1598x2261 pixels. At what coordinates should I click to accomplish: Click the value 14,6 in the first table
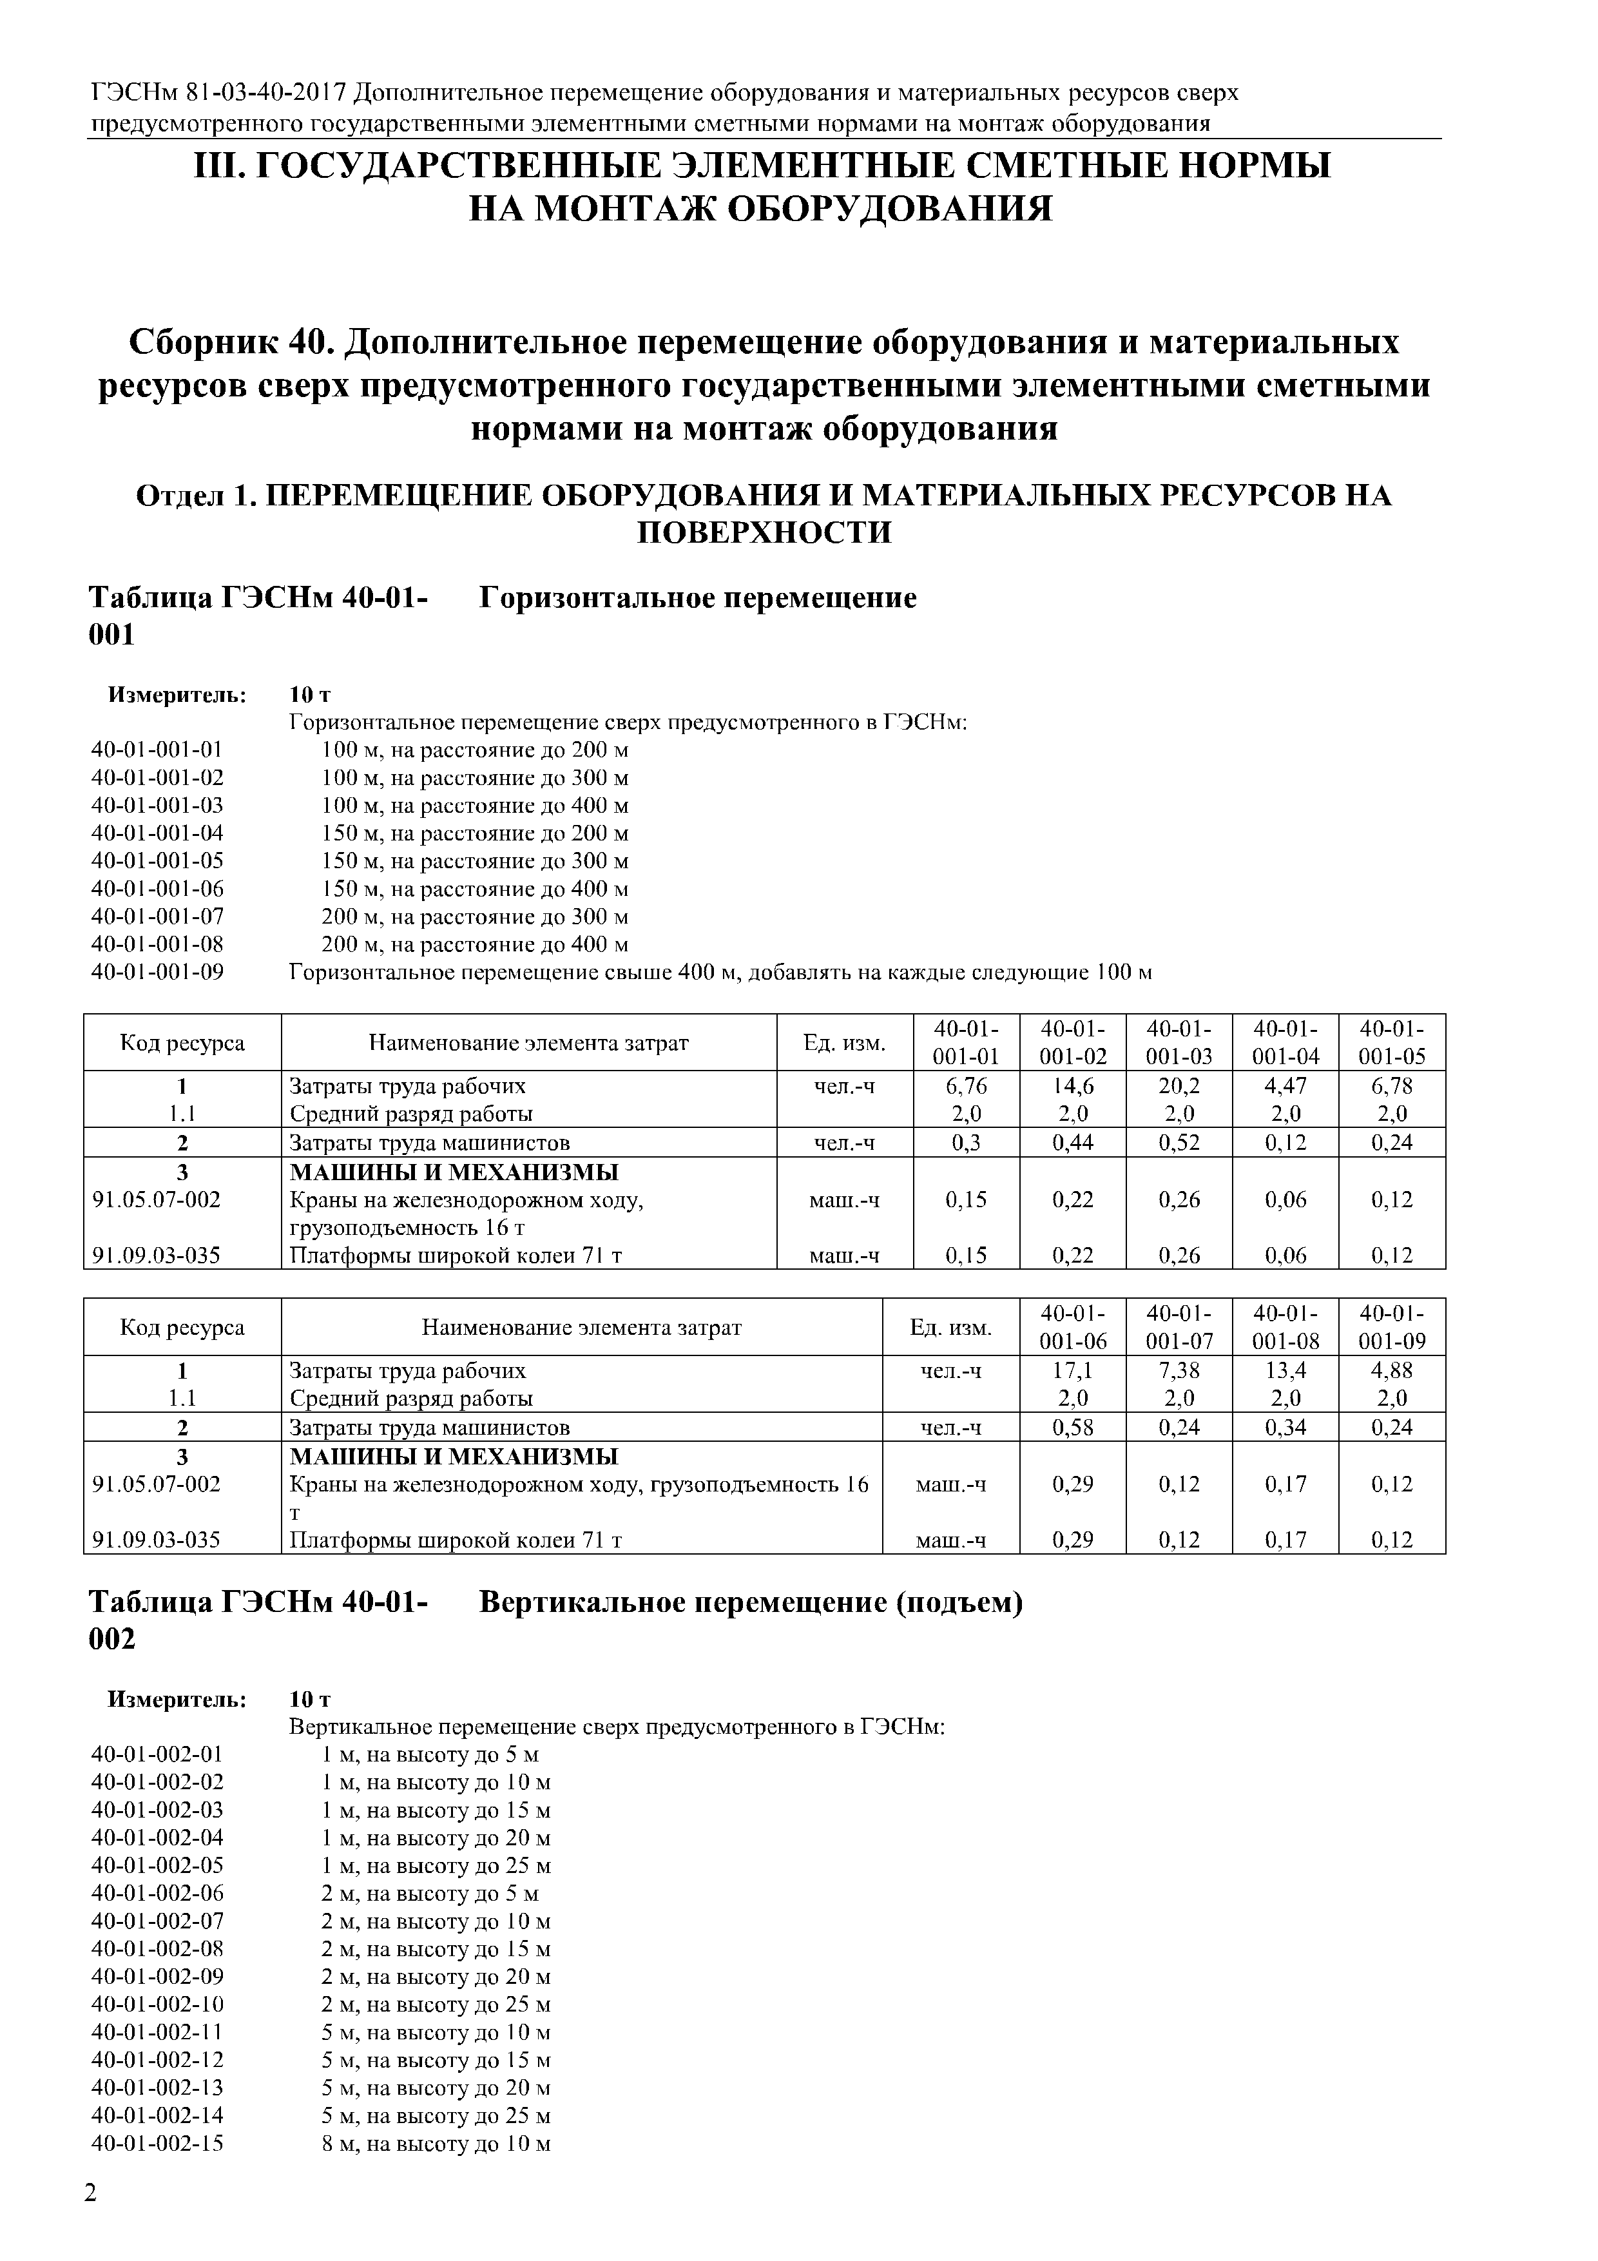tap(1072, 1085)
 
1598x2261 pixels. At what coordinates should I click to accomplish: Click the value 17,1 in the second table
tap(1072, 1370)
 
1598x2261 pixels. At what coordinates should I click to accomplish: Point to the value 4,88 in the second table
tap(1391, 1370)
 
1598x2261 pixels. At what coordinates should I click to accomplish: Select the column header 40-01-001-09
tap(1391, 1328)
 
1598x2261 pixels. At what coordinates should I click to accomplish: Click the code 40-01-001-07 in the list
tap(157, 917)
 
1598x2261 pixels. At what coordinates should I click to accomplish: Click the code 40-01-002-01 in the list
tap(157, 1754)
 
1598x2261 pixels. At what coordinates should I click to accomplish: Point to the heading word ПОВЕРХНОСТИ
tap(764, 533)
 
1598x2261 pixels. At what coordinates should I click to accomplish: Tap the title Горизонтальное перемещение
tap(697, 597)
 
